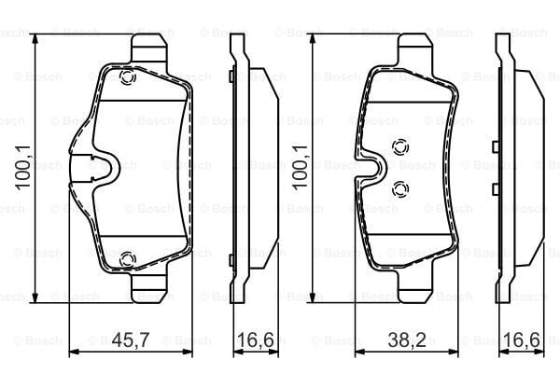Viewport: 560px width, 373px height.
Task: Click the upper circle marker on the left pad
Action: tap(128, 79)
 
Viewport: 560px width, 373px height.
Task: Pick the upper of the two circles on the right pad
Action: tap(401, 146)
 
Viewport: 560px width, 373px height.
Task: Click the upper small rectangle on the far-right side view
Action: tap(494, 144)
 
